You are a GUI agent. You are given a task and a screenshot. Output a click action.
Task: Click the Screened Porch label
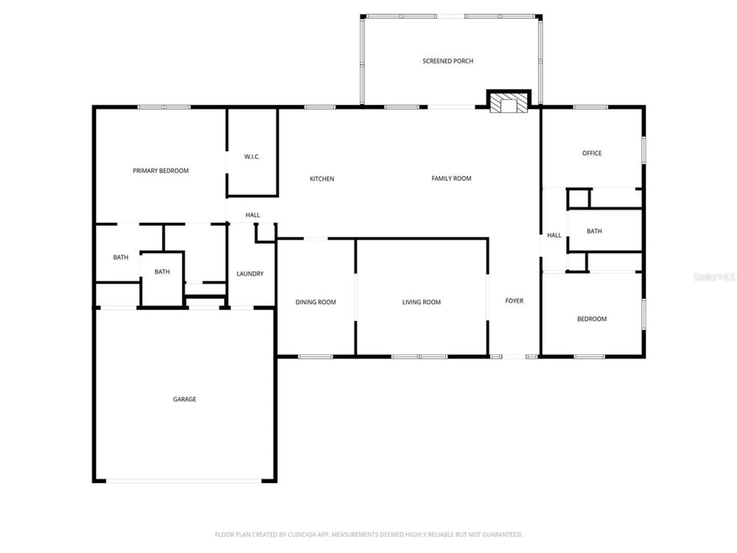click(448, 61)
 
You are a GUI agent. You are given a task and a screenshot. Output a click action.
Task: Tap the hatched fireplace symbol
click(509, 103)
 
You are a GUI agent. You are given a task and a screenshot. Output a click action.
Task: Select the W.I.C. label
click(252, 157)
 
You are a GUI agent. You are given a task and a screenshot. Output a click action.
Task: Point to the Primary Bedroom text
click(161, 171)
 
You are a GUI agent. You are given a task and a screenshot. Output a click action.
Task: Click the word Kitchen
click(322, 179)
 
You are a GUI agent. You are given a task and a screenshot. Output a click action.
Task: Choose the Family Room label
click(451, 178)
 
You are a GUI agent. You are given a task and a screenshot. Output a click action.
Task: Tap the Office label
click(591, 153)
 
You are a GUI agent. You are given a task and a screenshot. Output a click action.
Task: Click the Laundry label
click(250, 274)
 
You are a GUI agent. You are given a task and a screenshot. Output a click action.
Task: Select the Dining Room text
click(315, 302)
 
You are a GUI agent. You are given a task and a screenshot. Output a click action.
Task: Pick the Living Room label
click(421, 302)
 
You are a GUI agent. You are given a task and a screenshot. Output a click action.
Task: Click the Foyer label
click(514, 301)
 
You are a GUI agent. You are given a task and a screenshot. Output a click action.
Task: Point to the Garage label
click(184, 399)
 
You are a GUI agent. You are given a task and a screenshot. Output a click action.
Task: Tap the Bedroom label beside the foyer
click(591, 319)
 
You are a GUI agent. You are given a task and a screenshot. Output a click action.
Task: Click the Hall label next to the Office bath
click(554, 235)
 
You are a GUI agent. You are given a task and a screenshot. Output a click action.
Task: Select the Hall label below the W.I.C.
click(252, 215)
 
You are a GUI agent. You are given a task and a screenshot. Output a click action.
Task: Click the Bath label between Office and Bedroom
click(594, 231)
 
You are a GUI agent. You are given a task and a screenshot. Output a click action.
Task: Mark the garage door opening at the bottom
click(184, 481)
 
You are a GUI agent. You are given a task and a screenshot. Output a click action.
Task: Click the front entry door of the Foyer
click(514, 357)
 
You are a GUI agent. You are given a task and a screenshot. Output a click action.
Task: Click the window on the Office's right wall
click(644, 150)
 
